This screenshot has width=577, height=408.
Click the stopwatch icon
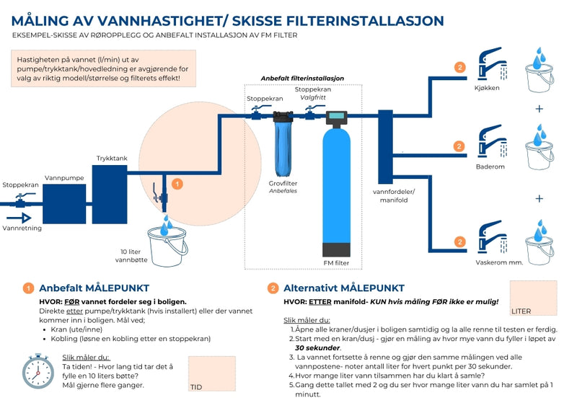tap(38, 371)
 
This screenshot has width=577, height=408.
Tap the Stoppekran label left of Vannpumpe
tap(20, 185)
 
